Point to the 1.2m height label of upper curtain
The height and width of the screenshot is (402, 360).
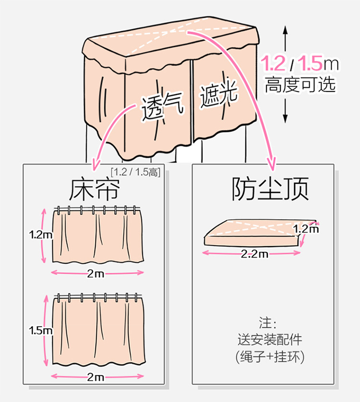[x=40, y=235]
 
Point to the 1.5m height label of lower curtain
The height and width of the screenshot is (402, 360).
[x=40, y=331]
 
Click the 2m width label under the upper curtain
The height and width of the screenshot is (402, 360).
[x=96, y=273]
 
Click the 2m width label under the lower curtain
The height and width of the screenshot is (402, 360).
[x=96, y=377]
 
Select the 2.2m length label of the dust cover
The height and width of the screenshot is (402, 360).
[x=254, y=254]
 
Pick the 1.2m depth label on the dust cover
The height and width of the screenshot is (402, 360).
[x=306, y=229]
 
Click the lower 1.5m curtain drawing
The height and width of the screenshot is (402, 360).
[x=98, y=331]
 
